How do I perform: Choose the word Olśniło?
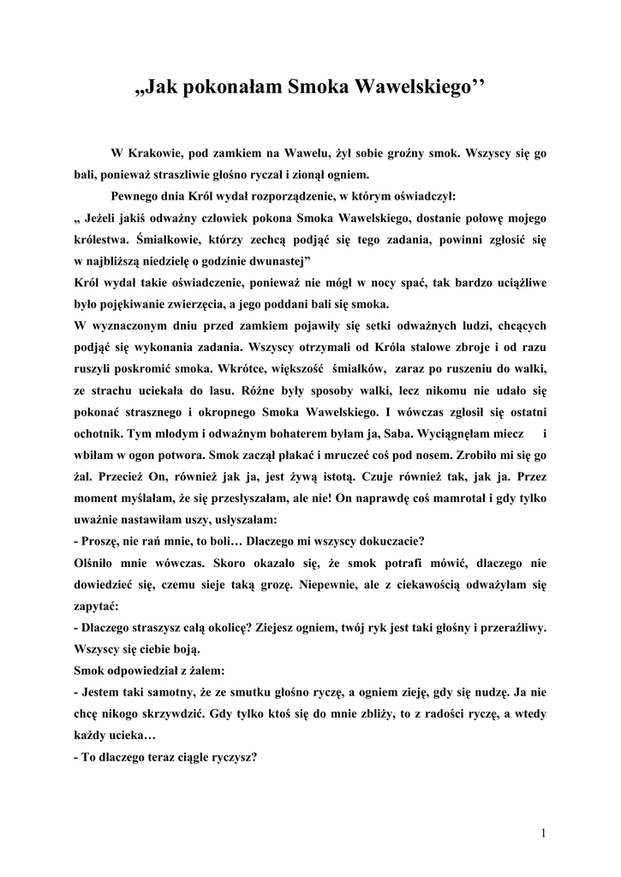coord(96,564)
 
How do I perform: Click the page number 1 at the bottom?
coord(543,832)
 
